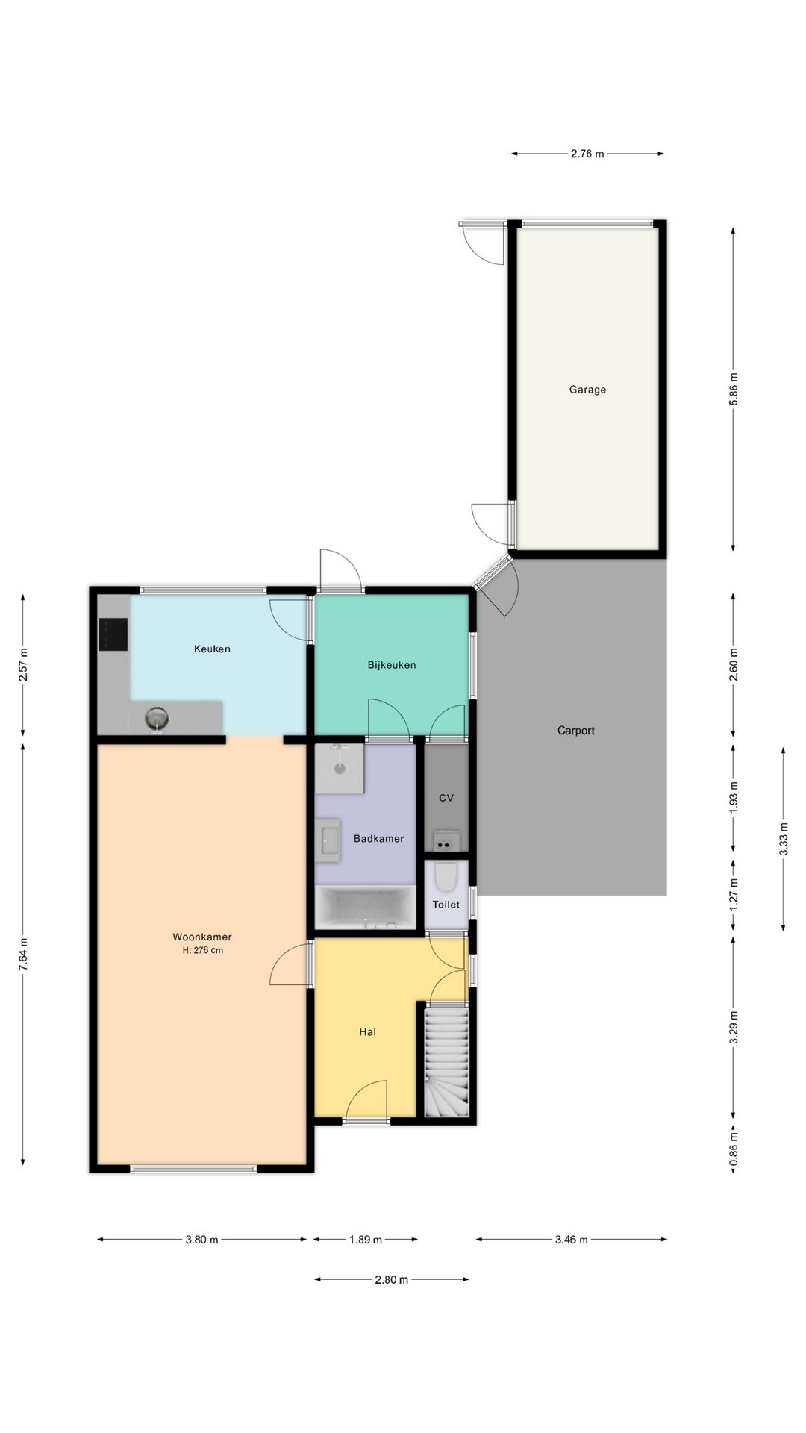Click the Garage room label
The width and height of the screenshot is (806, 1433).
[587, 390]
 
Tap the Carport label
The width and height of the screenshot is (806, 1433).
[576, 731]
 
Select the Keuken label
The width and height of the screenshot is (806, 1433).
[212, 649]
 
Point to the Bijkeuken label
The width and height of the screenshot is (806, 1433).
[392, 665]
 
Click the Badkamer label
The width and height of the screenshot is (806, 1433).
[378, 839]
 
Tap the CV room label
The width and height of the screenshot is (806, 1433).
[446, 798]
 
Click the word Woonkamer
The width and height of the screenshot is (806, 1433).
[202, 937]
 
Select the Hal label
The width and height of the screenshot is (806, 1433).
[367, 1032]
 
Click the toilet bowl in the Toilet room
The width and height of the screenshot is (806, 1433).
[446, 877]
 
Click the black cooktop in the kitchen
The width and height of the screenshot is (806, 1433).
[113, 634]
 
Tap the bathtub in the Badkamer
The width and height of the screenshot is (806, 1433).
[365, 907]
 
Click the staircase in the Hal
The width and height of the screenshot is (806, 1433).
[446, 1061]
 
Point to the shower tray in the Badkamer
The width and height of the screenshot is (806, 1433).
[340, 769]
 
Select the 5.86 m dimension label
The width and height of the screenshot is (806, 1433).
[734, 389]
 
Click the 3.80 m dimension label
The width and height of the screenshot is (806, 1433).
[202, 1240]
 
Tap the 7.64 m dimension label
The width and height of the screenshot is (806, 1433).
[23, 955]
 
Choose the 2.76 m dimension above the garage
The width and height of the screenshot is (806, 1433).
[587, 154]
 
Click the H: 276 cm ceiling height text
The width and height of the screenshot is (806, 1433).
[202, 951]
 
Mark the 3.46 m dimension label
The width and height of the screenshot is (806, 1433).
[572, 1240]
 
